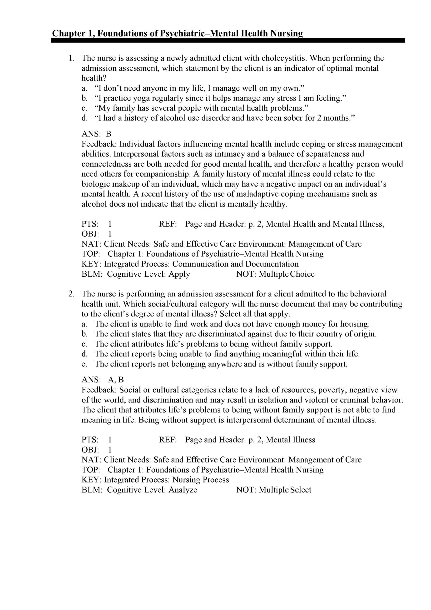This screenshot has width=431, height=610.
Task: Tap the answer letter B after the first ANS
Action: click(108, 134)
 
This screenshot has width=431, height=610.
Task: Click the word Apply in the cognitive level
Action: click(179, 274)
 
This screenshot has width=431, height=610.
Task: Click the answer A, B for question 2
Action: click(116, 380)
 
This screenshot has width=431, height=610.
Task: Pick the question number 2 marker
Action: click(71, 294)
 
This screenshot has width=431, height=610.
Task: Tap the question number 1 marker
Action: click(71, 58)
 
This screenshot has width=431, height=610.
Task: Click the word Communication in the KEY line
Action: click(208, 264)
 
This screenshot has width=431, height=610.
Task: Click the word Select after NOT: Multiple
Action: click(300, 490)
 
